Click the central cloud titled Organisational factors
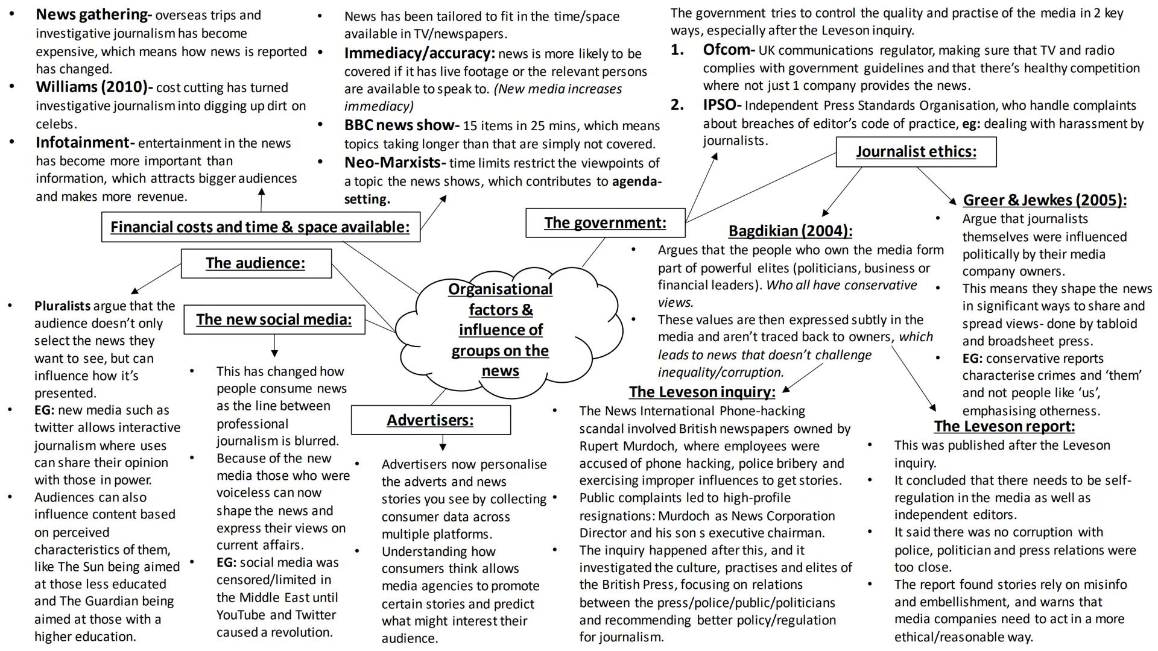500,330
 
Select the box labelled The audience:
256,263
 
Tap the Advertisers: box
431,420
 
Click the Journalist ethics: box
916,151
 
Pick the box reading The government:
605,223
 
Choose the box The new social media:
274,319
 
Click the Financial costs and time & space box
260,227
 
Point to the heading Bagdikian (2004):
790,231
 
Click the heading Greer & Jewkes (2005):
1044,200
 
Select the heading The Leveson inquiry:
701,392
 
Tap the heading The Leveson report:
1004,427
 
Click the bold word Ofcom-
729,50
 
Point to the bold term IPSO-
722,105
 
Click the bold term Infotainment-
85,143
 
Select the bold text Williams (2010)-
94,87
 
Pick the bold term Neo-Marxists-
395,163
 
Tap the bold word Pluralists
62,306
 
